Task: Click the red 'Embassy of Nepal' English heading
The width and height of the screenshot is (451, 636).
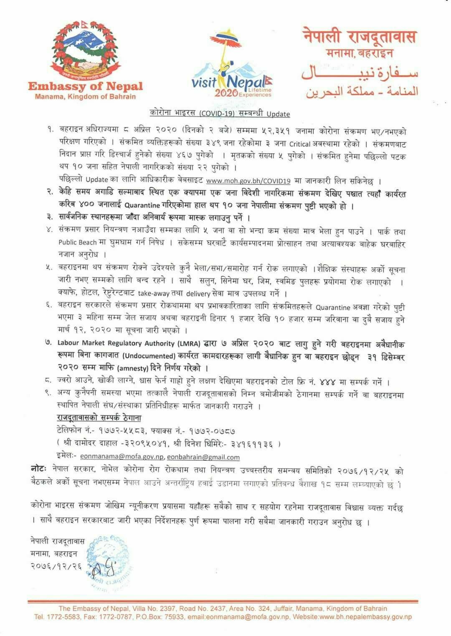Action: pyautogui.click(x=86, y=86)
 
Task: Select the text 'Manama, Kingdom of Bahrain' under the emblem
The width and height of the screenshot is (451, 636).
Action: pyautogui.click(x=86, y=97)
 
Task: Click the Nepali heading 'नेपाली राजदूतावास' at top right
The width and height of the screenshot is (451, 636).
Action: pyautogui.click(x=360, y=37)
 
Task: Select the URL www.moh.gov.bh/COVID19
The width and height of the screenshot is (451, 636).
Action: pyautogui.click(x=248, y=181)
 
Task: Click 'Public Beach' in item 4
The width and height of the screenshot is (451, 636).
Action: pyautogui.click(x=78, y=242)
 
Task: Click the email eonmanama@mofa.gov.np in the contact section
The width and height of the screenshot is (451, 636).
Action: pyautogui.click(x=123, y=457)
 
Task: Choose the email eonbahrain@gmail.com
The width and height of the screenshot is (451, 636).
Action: pyautogui.click(x=204, y=457)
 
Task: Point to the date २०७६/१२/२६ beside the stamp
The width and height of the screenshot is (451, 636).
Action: pyautogui.click(x=55, y=566)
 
